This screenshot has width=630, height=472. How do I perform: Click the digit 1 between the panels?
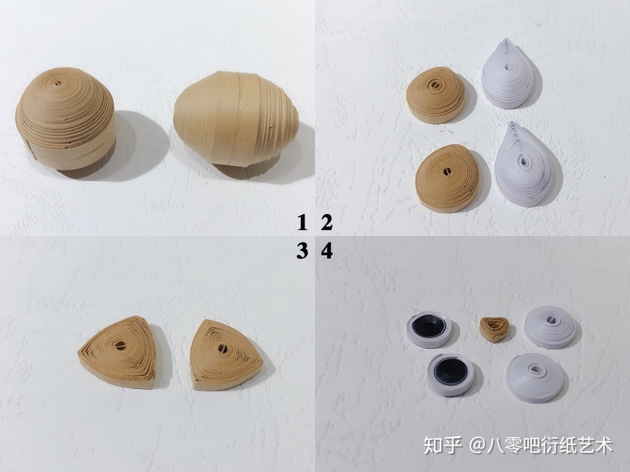tap(302, 223)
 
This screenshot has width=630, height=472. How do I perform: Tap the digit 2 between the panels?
tap(326, 223)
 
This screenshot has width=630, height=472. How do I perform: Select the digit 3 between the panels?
tap(302, 251)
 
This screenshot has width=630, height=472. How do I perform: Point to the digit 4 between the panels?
tap(326, 251)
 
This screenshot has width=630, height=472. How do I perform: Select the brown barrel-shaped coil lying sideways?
tap(236, 118)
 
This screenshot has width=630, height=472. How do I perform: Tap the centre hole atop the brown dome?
tap(59, 84)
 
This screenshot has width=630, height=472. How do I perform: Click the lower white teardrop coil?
tap(522, 164)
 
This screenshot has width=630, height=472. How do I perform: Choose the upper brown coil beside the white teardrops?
tap(436, 94)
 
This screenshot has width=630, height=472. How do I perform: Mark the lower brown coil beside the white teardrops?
tap(447, 177)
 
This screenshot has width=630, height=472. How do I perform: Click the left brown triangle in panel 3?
tap(118, 352)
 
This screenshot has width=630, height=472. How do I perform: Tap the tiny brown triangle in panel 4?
tap(493, 330)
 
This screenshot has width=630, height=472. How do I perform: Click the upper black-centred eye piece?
tap(428, 330)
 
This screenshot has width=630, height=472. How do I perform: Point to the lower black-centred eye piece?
tap(450, 374)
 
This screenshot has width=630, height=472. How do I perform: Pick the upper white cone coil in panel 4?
tap(552, 327)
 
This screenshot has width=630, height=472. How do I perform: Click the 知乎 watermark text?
tap(443, 445)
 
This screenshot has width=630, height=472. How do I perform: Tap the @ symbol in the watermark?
tap(478, 446)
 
